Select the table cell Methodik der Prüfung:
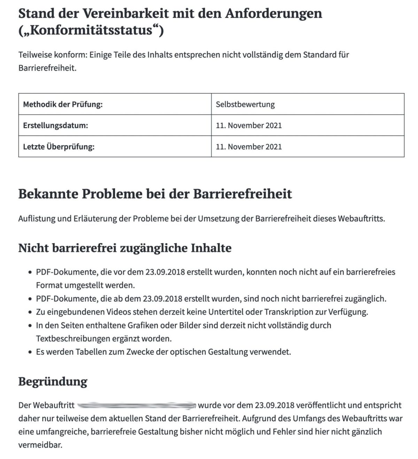point(63,104)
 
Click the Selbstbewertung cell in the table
point(245,104)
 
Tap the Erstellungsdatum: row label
point(55,125)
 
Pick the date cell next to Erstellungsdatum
point(249,125)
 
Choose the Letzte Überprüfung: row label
point(59,147)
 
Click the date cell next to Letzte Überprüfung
point(249,147)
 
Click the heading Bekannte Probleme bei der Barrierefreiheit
point(155,194)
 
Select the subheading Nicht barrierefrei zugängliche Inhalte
point(125,248)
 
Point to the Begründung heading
point(53,381)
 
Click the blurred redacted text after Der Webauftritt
point(136,405)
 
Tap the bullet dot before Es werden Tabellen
point(30,352)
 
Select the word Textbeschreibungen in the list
point(73,338)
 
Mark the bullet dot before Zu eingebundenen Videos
point(30,312)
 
